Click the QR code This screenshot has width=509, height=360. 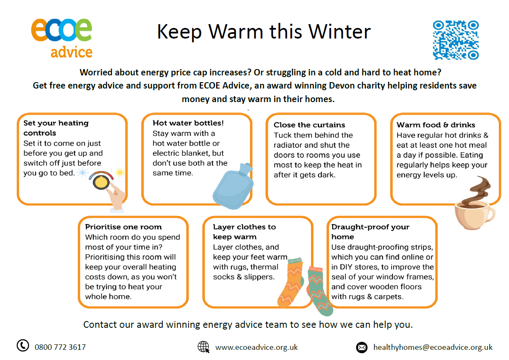tap(456, 40)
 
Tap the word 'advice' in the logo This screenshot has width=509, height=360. tap(72, 52)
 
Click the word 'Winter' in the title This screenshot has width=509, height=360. tap(339, 32)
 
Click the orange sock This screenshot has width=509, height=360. tap(291, 282)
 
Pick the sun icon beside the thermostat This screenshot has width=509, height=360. tap(120, 172)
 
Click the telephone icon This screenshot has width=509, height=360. tap(23, 346)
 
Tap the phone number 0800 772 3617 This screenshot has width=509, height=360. tap(60, 347)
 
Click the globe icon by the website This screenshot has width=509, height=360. tap(203, 347)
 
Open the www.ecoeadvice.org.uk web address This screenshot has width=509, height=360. tap(256, 347)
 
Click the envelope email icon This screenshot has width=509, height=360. tap(362, 347)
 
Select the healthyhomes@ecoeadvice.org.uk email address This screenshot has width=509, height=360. tap(433, 347)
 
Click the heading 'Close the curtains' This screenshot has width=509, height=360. tap(309, 125)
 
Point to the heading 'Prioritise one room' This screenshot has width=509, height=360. tap(123, 227)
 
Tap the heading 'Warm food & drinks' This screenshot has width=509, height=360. tap(436, 125)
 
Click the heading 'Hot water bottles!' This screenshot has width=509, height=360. tap(188, 123)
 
